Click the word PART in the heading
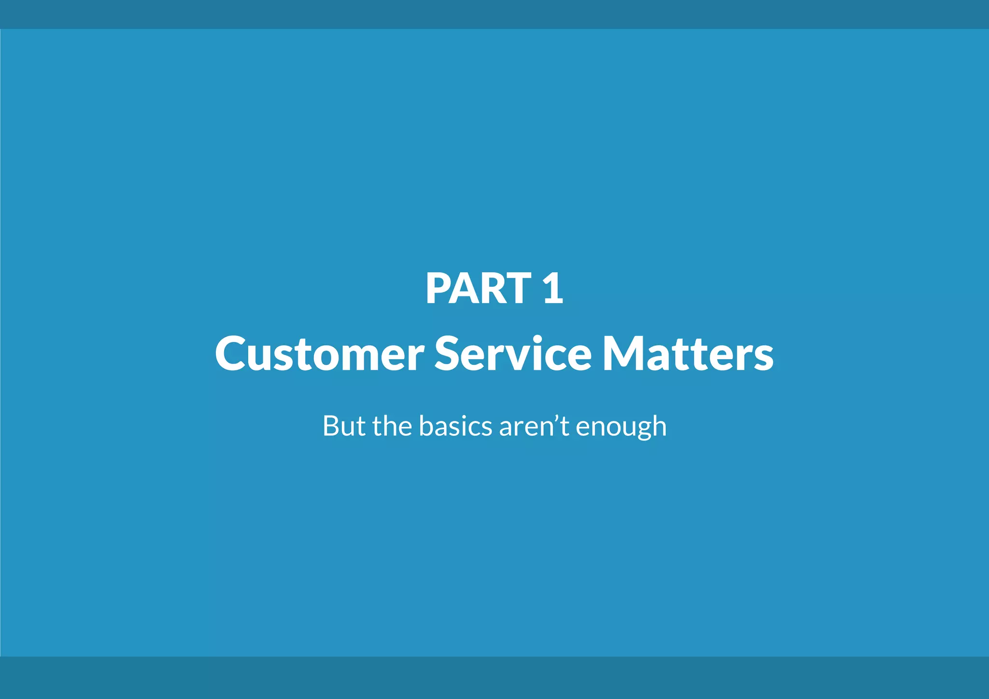tap(478, 288)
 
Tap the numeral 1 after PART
tap(553, 288)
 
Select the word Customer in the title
tap(319, 354)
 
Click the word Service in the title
tap(513, 354)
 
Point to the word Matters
tap(688, 354)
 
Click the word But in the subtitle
tap(343, 426)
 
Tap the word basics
tap(455, 426)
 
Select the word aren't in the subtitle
tap(534, 426)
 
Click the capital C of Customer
tap(231, 354)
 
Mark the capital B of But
tap(331, 426)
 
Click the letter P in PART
tap(438, 288)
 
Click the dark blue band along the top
tap(494, 14)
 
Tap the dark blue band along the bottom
tap(494, 678)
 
